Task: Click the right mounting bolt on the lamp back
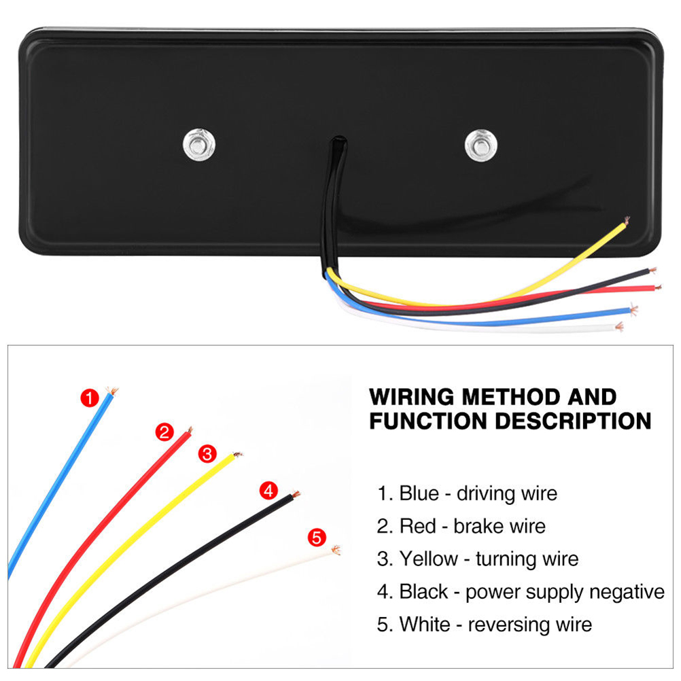pos(481,143)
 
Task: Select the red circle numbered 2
pos(164,432)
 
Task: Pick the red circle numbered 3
pos(207,454)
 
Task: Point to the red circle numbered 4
pos(269,489)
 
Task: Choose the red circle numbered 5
pos(316,538)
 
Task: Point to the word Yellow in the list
pos(429,559)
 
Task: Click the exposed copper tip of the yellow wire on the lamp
pos(625,220)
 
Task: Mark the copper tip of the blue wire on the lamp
pos(633,309)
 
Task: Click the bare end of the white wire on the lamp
pos(618,328)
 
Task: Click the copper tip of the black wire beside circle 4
pos(296,494)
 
